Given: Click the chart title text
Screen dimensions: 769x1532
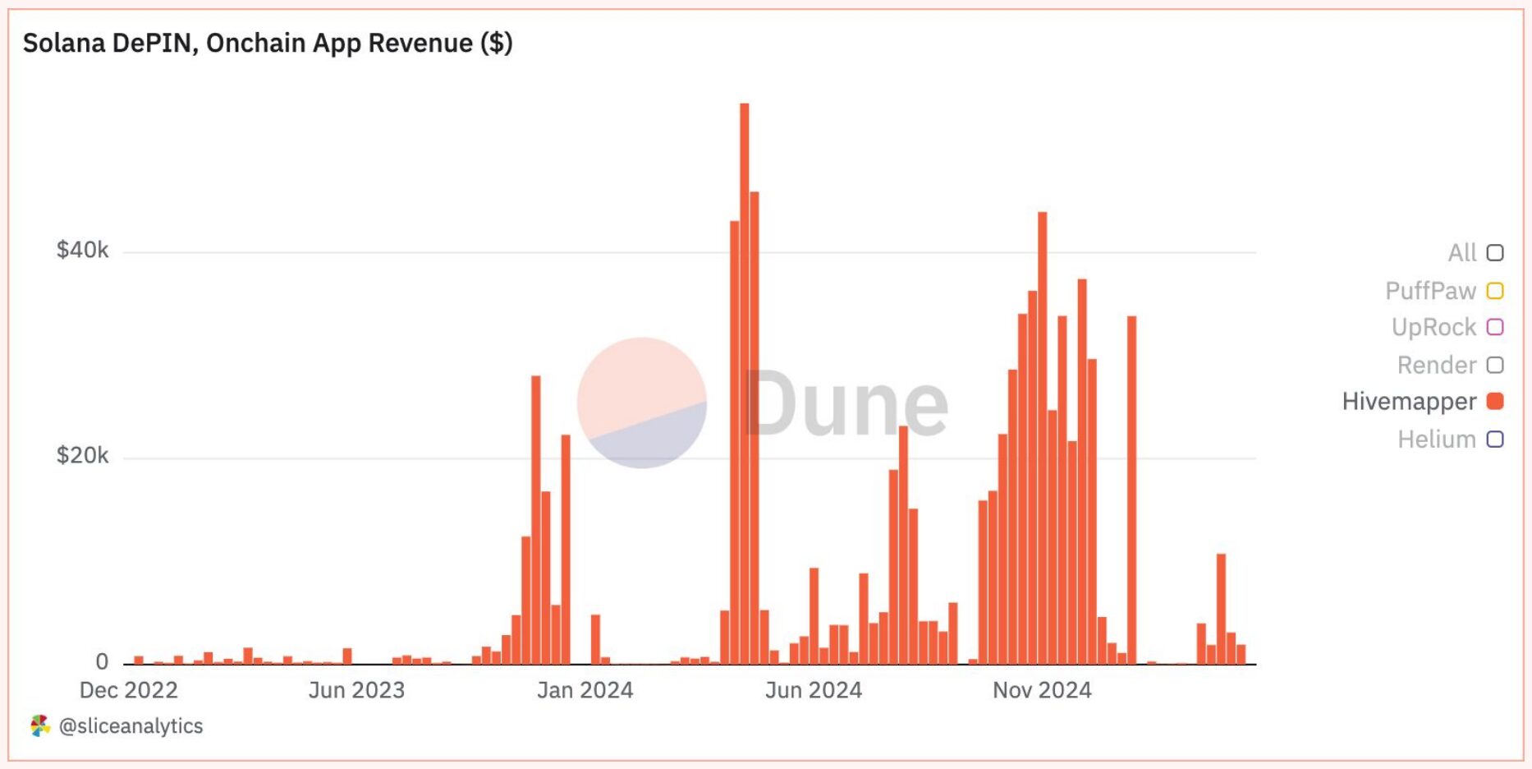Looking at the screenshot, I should (268, 43).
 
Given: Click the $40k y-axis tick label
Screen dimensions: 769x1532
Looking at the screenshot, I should (82, 250).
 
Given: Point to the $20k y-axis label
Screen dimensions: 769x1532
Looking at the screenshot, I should (82, 455).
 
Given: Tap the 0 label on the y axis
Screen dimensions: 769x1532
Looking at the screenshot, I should (102, 661).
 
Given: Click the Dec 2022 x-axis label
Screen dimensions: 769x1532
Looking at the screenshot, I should (129, 690).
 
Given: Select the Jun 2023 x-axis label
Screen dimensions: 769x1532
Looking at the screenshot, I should (356, 690).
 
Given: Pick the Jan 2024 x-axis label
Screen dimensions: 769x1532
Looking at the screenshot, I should (585, 690).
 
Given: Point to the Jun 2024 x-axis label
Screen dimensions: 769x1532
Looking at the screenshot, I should (814, 690).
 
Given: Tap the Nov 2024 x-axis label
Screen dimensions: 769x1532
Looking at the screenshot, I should (1042, 690).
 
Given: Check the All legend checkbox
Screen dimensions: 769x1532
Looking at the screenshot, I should (1495, 253).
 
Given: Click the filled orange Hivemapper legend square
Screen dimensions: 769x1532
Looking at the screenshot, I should (1495, 401).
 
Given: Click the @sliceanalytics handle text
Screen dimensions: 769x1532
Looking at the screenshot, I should (131, 726).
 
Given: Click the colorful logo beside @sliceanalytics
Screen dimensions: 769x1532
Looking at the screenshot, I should (39, 725).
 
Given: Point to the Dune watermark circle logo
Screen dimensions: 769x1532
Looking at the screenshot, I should (642, 403).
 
